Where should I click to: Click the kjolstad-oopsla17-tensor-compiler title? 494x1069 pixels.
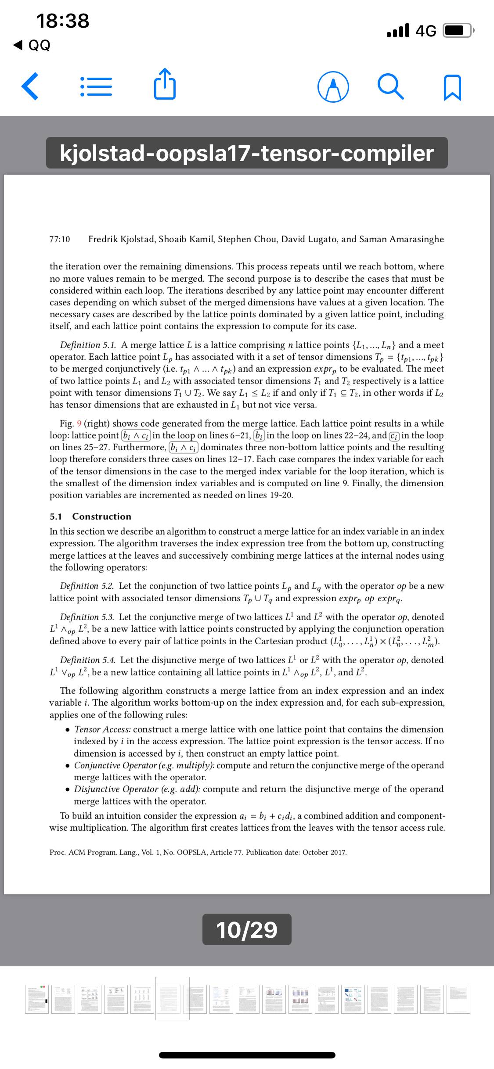pos(247,153)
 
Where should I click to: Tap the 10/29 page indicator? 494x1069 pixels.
pos(247,929)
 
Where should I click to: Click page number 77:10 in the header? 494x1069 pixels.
pos(60,240)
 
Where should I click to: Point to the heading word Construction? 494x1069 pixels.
pos(101,517)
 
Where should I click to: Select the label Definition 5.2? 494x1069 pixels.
pos(87,586)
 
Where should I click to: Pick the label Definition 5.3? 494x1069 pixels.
pos(87,617)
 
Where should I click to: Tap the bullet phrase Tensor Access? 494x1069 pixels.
pos(102,730)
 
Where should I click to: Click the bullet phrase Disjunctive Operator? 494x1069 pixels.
pos(116,789)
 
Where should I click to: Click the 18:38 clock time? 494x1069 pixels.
pos(63,21)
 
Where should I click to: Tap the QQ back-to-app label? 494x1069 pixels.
pos(39,45)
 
